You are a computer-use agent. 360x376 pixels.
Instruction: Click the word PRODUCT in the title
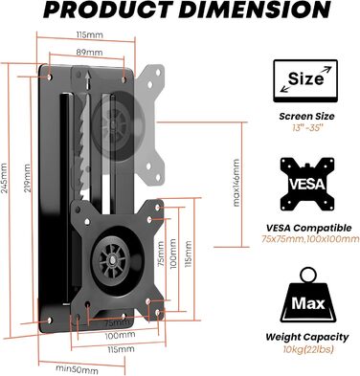click(x=109, y=11)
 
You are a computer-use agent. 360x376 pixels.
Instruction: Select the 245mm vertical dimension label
click(x=4, y=178)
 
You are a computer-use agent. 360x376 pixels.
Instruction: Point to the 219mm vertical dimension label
click(x=28, y=178)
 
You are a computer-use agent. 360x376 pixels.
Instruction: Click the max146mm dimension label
click(x=236, y=183)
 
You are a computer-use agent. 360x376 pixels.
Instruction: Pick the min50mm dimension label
click(x=78, y=370)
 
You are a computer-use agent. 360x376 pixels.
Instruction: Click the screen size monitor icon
click(x=305, y=80)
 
